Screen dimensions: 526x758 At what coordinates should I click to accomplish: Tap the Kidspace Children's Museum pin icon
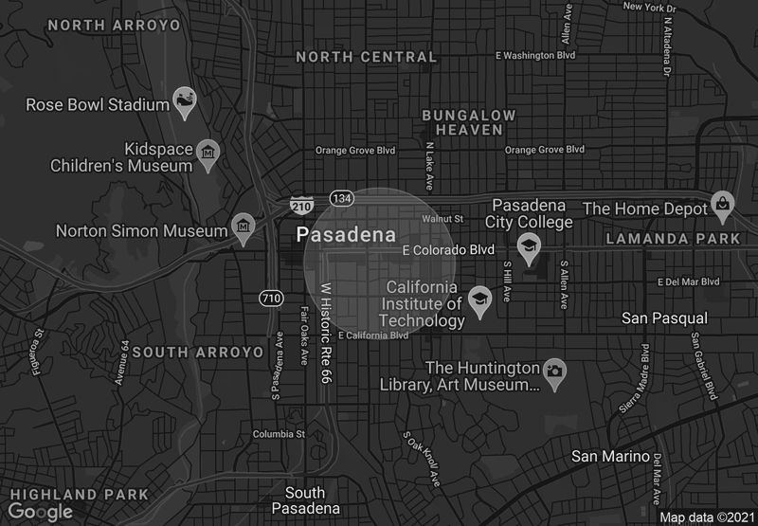coord(208,154)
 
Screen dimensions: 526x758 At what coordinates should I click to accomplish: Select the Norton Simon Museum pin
coord(244,227)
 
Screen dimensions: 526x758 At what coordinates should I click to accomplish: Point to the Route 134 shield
coord(342,197)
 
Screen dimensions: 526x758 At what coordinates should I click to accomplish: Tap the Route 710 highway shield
coord(272,299)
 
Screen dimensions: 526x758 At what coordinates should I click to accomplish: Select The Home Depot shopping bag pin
coord(723,203)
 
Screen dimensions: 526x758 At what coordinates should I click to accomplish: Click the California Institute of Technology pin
coord(480,300)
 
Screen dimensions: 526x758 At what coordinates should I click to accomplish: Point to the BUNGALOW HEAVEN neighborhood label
coord(469,121)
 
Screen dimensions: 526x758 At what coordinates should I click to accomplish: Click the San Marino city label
coord(611,456)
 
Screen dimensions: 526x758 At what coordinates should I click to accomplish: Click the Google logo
coord(40,512)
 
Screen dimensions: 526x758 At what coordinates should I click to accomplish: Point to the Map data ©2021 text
coord(706,517)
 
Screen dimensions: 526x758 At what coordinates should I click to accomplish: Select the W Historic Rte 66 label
coord(326,332)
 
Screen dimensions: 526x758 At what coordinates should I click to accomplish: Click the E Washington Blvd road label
coord(535,55)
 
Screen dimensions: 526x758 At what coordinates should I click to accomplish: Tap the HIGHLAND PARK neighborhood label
coord(74,494)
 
